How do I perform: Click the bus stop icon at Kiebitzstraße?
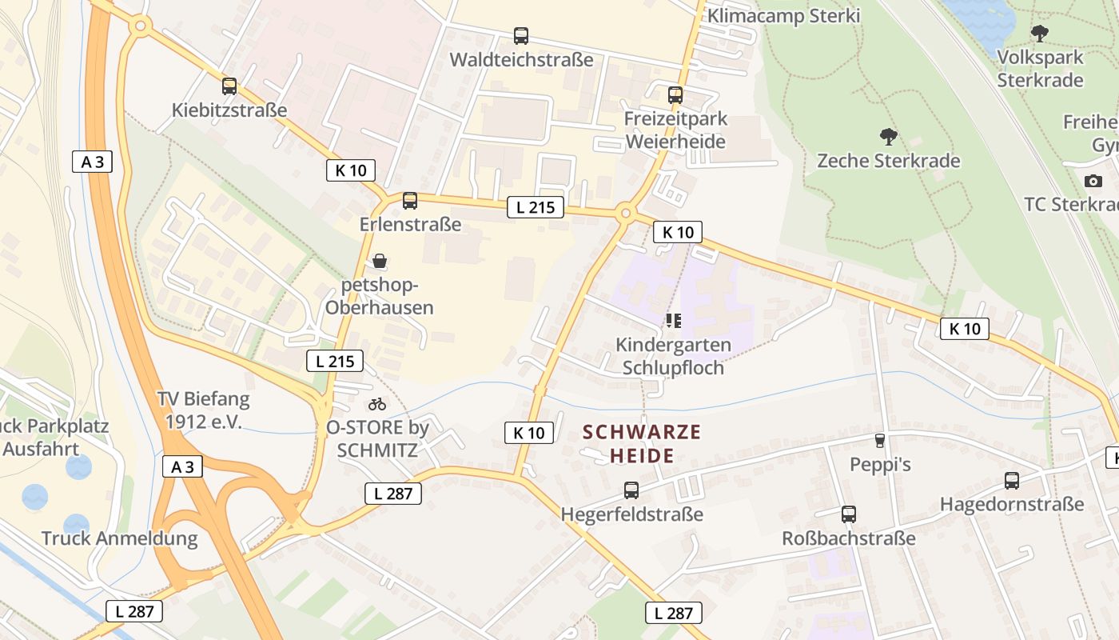(229, 86)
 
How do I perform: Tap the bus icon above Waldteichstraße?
(521, 36)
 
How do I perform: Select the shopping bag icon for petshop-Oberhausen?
(380, 261)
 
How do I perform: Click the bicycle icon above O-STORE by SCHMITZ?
(377, 404)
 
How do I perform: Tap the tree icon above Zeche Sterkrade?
(888, 137)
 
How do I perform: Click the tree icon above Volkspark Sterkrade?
(1039, 34)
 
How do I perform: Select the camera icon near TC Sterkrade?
(1093, 181)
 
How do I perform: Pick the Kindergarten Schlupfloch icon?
(674, 321)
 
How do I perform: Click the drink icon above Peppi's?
(880, 441)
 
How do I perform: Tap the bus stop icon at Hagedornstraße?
(1012, 481)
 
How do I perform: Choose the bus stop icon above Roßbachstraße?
(849, 514)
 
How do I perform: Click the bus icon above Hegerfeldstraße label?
(631, 490)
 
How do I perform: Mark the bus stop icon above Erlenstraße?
(410, 201)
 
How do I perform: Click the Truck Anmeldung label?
(119, 538)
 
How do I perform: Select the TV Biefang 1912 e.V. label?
(203, 410)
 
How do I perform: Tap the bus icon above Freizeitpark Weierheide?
(675, 95)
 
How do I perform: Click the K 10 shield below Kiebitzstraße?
(350, 170)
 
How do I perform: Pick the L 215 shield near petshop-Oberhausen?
(335, 361)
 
